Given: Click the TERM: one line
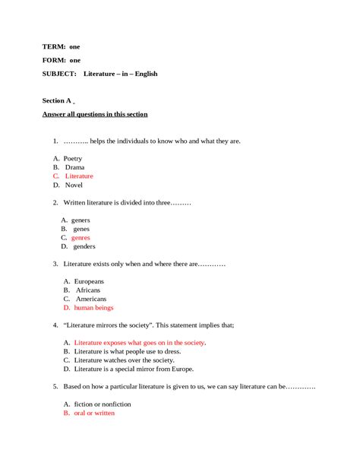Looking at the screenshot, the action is (61, 46).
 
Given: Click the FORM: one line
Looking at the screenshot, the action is (61, 60).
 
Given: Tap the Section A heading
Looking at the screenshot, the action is (57, 100).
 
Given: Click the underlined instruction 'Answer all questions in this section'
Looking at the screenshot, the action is (95, 114).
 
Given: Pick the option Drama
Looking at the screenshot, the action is (74, 167).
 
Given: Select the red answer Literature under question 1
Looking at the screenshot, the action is (79, 176).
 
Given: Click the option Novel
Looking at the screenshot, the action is (74, 185).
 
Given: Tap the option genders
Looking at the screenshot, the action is (84, 246).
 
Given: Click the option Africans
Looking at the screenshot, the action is (88, 290).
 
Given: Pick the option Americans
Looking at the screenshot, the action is (90, 300).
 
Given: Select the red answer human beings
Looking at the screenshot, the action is (93, 308).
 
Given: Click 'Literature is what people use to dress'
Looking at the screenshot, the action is (128, 352).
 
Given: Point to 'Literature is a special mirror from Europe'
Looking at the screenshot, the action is (134, 369).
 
